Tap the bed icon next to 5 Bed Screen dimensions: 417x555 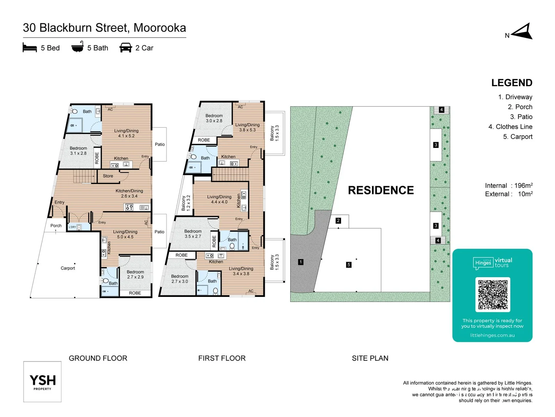(30, 48)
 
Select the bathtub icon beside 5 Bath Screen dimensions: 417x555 (77, 47)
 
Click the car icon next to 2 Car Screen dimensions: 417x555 (126, 48)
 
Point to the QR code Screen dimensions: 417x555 (493, 295)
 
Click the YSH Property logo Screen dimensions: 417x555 (42, 382)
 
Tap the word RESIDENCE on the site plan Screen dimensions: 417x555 (381, 190)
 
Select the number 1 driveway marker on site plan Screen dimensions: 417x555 (301, 262)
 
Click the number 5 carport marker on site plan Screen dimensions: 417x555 (348, 265)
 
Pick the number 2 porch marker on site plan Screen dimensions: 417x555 (338, 221)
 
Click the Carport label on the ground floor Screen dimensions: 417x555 (68, 268)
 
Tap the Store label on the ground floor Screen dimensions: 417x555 (108, 176)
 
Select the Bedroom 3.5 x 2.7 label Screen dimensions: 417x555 (193, 234)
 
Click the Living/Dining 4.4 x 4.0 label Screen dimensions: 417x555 (219, 199)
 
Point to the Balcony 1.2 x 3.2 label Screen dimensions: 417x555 (186, 203)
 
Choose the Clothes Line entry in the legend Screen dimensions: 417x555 (510, 127)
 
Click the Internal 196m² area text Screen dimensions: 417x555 (509, 186)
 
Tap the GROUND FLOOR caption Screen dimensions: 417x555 (98, 358)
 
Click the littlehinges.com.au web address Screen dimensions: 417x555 (492, 335)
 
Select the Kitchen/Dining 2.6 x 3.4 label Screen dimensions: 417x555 (129, 193)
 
